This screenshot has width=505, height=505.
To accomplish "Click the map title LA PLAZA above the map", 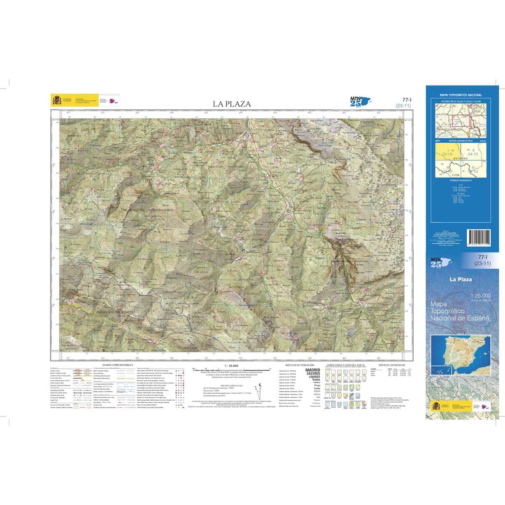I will [231, 104].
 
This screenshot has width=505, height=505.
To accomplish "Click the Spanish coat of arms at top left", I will [56, 101].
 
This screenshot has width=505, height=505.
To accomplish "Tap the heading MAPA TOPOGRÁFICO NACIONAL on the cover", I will [461, 96].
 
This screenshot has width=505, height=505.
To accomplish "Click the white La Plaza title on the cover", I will [460, 279].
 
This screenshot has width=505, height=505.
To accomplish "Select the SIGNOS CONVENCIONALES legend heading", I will [117, 365].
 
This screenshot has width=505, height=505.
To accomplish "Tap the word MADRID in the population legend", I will [312, 370].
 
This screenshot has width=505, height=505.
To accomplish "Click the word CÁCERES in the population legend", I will [312, 374].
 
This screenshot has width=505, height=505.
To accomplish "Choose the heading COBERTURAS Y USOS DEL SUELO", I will [343, 365].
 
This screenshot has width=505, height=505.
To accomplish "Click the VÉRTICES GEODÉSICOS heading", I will [391, 365].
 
